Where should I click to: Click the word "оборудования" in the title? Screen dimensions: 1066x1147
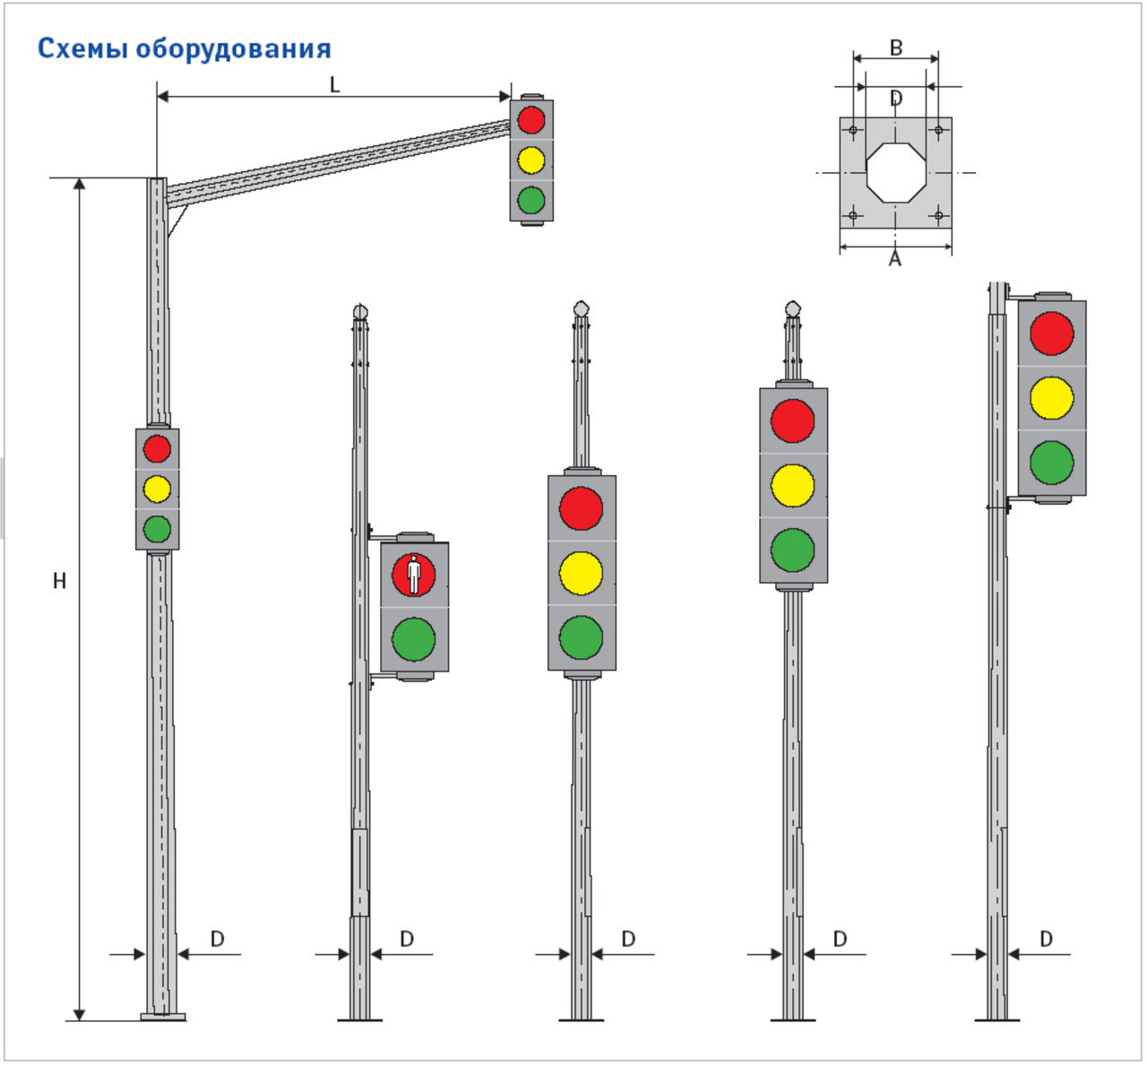tap(233, 49)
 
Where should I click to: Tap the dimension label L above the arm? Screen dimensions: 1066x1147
tap(335, 85)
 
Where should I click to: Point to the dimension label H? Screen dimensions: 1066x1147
tap(59, 581)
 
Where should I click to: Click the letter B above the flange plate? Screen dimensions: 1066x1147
tap(895, 48)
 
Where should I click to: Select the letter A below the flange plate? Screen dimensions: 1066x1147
tap(894, 260)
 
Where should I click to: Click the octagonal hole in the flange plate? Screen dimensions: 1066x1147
tap(895, 172)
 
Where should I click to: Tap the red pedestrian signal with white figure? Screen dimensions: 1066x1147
tap(414, 575)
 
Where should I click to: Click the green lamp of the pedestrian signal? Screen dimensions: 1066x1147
tap(414, 639)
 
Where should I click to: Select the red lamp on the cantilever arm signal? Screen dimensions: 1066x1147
tap(531, 119)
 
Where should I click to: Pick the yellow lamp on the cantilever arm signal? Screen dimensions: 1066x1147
tap(531, 160)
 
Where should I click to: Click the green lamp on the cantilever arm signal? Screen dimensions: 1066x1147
tap(531, 200)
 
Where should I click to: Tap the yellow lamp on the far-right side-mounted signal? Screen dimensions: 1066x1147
tap(1052, 398)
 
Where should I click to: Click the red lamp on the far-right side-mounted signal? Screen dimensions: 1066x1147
tap(1052, 333)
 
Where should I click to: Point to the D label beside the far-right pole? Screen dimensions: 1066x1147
tap(1046, 939)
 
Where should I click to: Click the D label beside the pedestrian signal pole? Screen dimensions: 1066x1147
tap(407, 939)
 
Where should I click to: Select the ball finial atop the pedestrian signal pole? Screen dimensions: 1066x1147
tap(360, 311)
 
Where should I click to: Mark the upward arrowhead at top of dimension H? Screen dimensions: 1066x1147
tap(79, 185)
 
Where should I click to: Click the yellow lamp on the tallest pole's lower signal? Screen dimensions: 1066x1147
tap(157, 489)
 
